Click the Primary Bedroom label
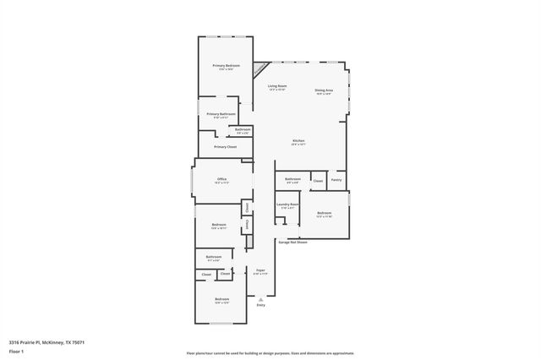tap(225, 66)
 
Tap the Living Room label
tap(277, 86)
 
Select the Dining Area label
tap(324, 90)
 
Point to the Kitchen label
tap(298, 140)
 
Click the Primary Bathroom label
tap(221, 113)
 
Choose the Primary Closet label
tap(225, 147)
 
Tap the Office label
tap(221, 179)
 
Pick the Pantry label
tap(336, 179)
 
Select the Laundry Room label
tap(289, 205)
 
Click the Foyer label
tap(260, 270)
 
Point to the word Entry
tap(260, 305)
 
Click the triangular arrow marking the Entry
tap(260, 298)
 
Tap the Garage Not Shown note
tap(292, 243)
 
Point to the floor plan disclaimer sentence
tap(270, 353)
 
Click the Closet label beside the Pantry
tap(318, 181)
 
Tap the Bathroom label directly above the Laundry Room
tap(292, 179)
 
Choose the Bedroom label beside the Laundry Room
tap(324, 213)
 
